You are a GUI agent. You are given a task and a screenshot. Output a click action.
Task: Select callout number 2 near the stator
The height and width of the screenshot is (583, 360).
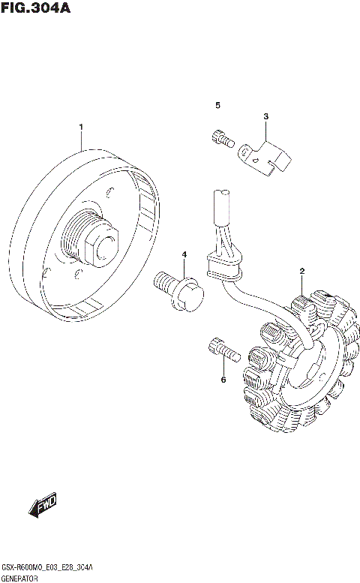tap(301, 271)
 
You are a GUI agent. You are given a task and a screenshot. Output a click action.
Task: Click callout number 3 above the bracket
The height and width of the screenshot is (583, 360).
tap(265, 116)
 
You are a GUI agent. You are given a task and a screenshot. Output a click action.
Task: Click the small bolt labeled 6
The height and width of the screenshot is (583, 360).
tap(220, 349)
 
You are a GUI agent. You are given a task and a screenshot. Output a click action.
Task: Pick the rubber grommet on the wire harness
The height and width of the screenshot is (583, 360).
tap(223, 267)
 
